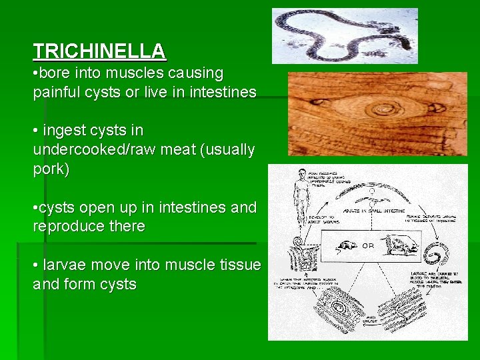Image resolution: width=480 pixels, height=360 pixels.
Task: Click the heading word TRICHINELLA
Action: pyautogui.click(x=99, y=51)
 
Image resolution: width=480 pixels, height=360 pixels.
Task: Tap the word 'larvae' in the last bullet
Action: pyautogui.click(x=63, y=265)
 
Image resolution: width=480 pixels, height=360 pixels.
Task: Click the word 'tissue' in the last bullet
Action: pyautogui.click(x=237, y=265)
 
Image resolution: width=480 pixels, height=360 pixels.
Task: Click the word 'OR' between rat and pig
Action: pyautogui.click(x=368, y=245)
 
